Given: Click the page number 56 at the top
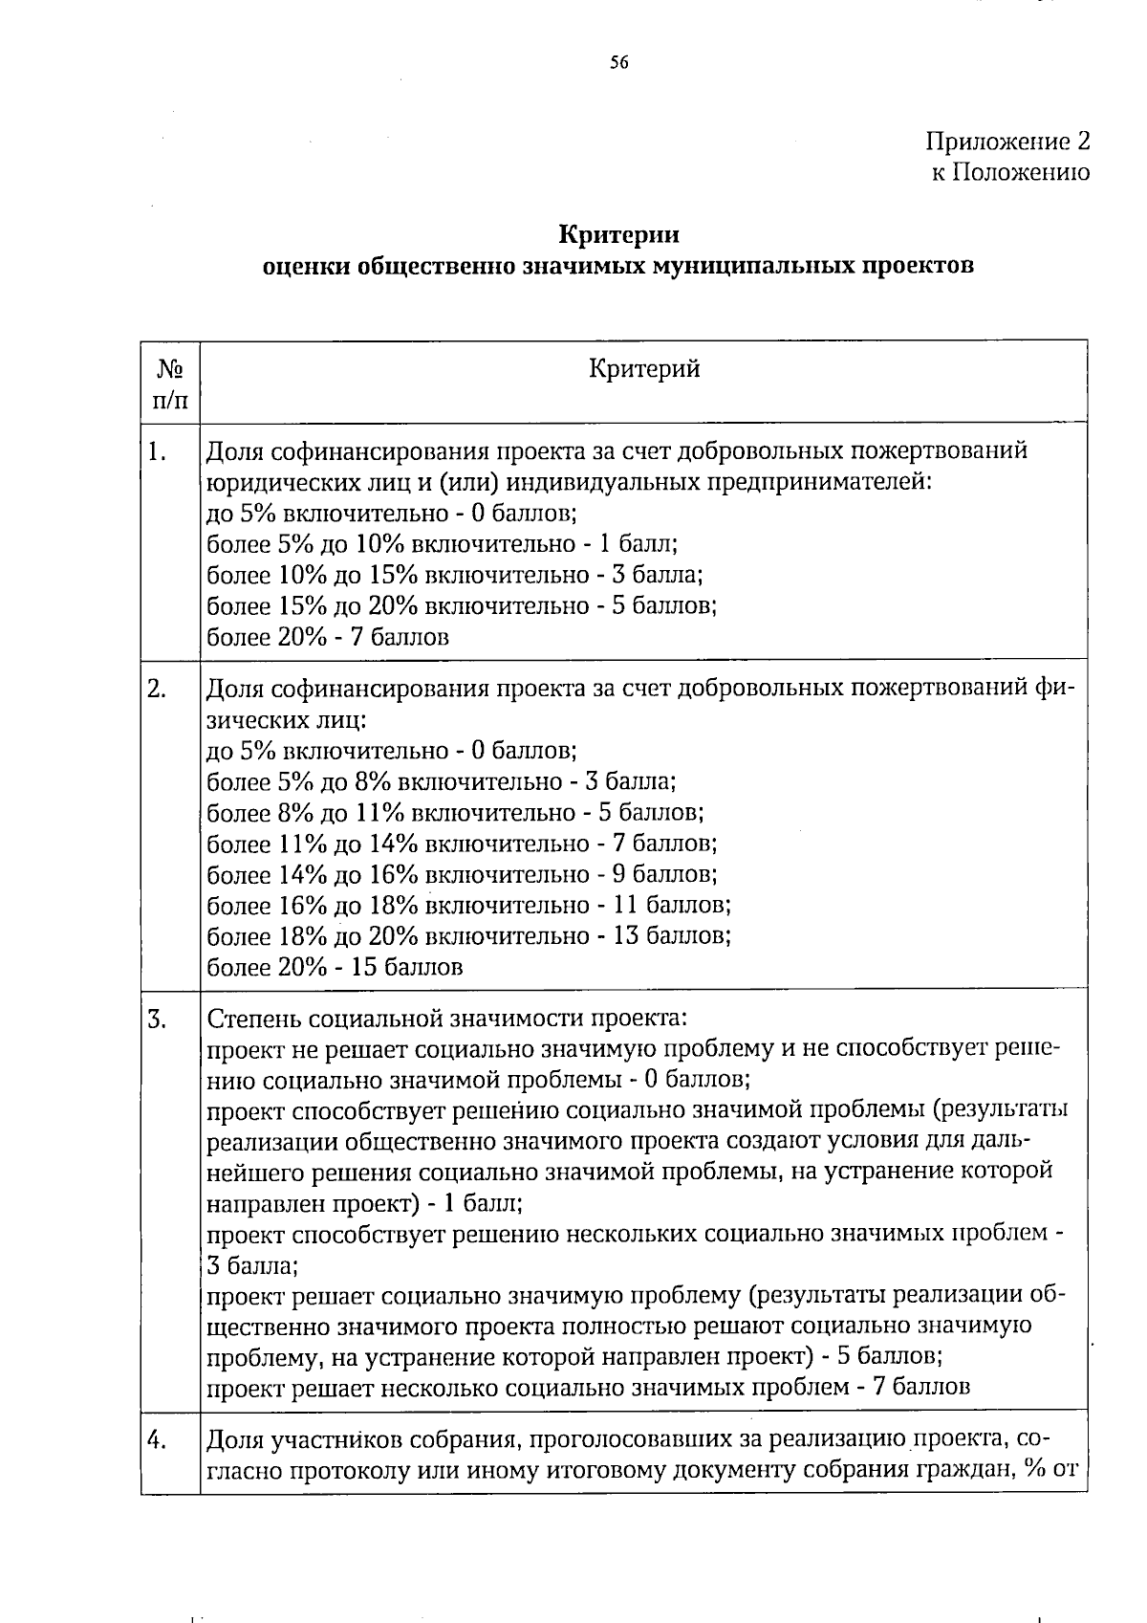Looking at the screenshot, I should tap(618, 63).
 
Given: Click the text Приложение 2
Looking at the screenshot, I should tap(1007, 143).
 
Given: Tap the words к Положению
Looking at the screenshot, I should tap(1010, 173).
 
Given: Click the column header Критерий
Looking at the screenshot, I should tap(644, 369).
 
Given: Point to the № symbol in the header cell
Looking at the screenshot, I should tap(169, 370).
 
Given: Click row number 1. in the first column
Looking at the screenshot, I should tap(159, 451).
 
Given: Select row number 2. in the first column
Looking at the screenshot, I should tap(159, 690).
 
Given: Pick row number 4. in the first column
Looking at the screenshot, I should tap(159, 1439).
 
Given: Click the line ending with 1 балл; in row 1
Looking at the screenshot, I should tap(442, 544).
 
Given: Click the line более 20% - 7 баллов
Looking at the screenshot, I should tap(328, 637).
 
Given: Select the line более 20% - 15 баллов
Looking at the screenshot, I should tap(335, 967).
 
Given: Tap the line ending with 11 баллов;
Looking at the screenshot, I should tap(468, 905).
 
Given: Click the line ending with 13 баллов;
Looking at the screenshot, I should tap(468, 935).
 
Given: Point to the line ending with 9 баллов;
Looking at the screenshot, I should tap(462, 874).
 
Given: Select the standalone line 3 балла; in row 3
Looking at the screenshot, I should tap(252, 1266).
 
